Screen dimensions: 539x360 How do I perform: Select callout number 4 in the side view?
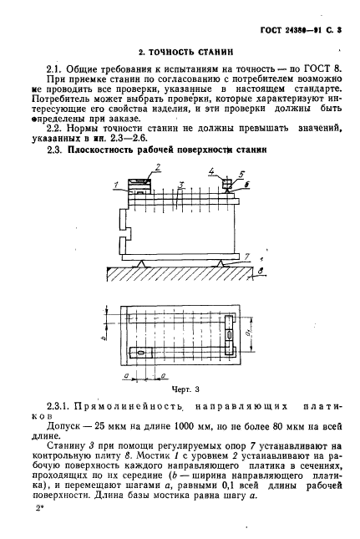click(213, 173)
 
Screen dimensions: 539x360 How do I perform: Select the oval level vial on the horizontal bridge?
click(142, 354)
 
